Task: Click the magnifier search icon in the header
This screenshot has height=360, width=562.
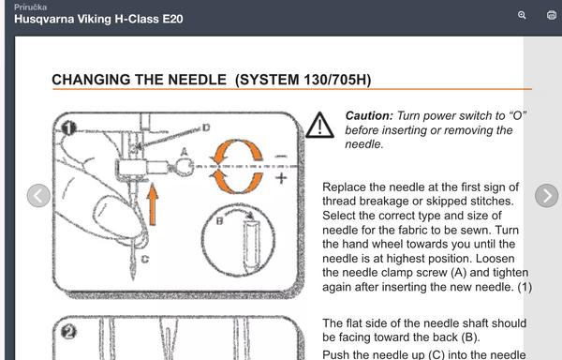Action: pyautogui.click(x=522, y=15)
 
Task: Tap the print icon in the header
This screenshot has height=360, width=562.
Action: pyautogui.click(x=552, y=15)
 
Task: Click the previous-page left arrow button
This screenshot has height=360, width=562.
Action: pyautogui.click(x=38, y=196)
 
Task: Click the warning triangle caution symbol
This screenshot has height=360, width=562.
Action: pyautogui.click(x=319, y=125)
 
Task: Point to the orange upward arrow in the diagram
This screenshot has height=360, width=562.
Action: pyautogui.click(x=153, y=204)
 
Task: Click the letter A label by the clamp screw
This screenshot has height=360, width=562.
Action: pyautogui.click(x=185, y=152)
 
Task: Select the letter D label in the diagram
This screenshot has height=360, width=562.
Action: pyautogui.click(x=206, y=127)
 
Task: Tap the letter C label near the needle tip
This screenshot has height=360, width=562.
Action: pyautogui.click(x=145, y=259)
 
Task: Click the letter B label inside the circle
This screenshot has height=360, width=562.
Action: pyautogui.click(x=220, y=221)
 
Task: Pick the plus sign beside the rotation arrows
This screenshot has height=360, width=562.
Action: pyautogui.click(x=281, y=178)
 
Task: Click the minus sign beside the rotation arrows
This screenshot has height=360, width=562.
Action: pyautogui.click(x=281, y=157)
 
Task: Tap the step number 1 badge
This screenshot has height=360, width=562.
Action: pyautogui.click(x=69, y=128)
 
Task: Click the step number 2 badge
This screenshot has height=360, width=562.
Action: pyautogui.click(x=68, y=332)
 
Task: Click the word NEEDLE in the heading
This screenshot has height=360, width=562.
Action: pyautogui.click(x=197, y=80)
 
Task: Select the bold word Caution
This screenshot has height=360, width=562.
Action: pyautogui.click(x=369, y=116)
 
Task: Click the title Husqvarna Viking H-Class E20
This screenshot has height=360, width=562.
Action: pyautogui.click(x=98, y=19)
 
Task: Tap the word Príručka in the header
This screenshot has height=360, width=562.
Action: pyautogui.click(x=31, y=7)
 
